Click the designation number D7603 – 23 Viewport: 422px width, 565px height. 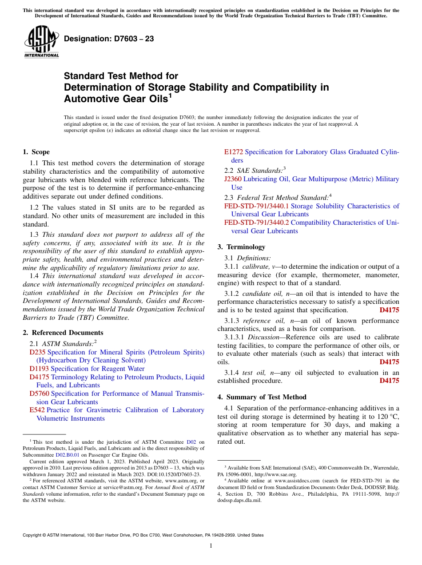109,39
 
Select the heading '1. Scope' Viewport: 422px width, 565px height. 36,152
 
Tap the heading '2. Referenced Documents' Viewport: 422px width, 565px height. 63,333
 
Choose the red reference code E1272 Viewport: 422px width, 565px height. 234,152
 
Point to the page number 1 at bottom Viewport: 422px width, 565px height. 211,546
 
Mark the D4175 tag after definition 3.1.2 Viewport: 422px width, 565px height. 389,310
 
